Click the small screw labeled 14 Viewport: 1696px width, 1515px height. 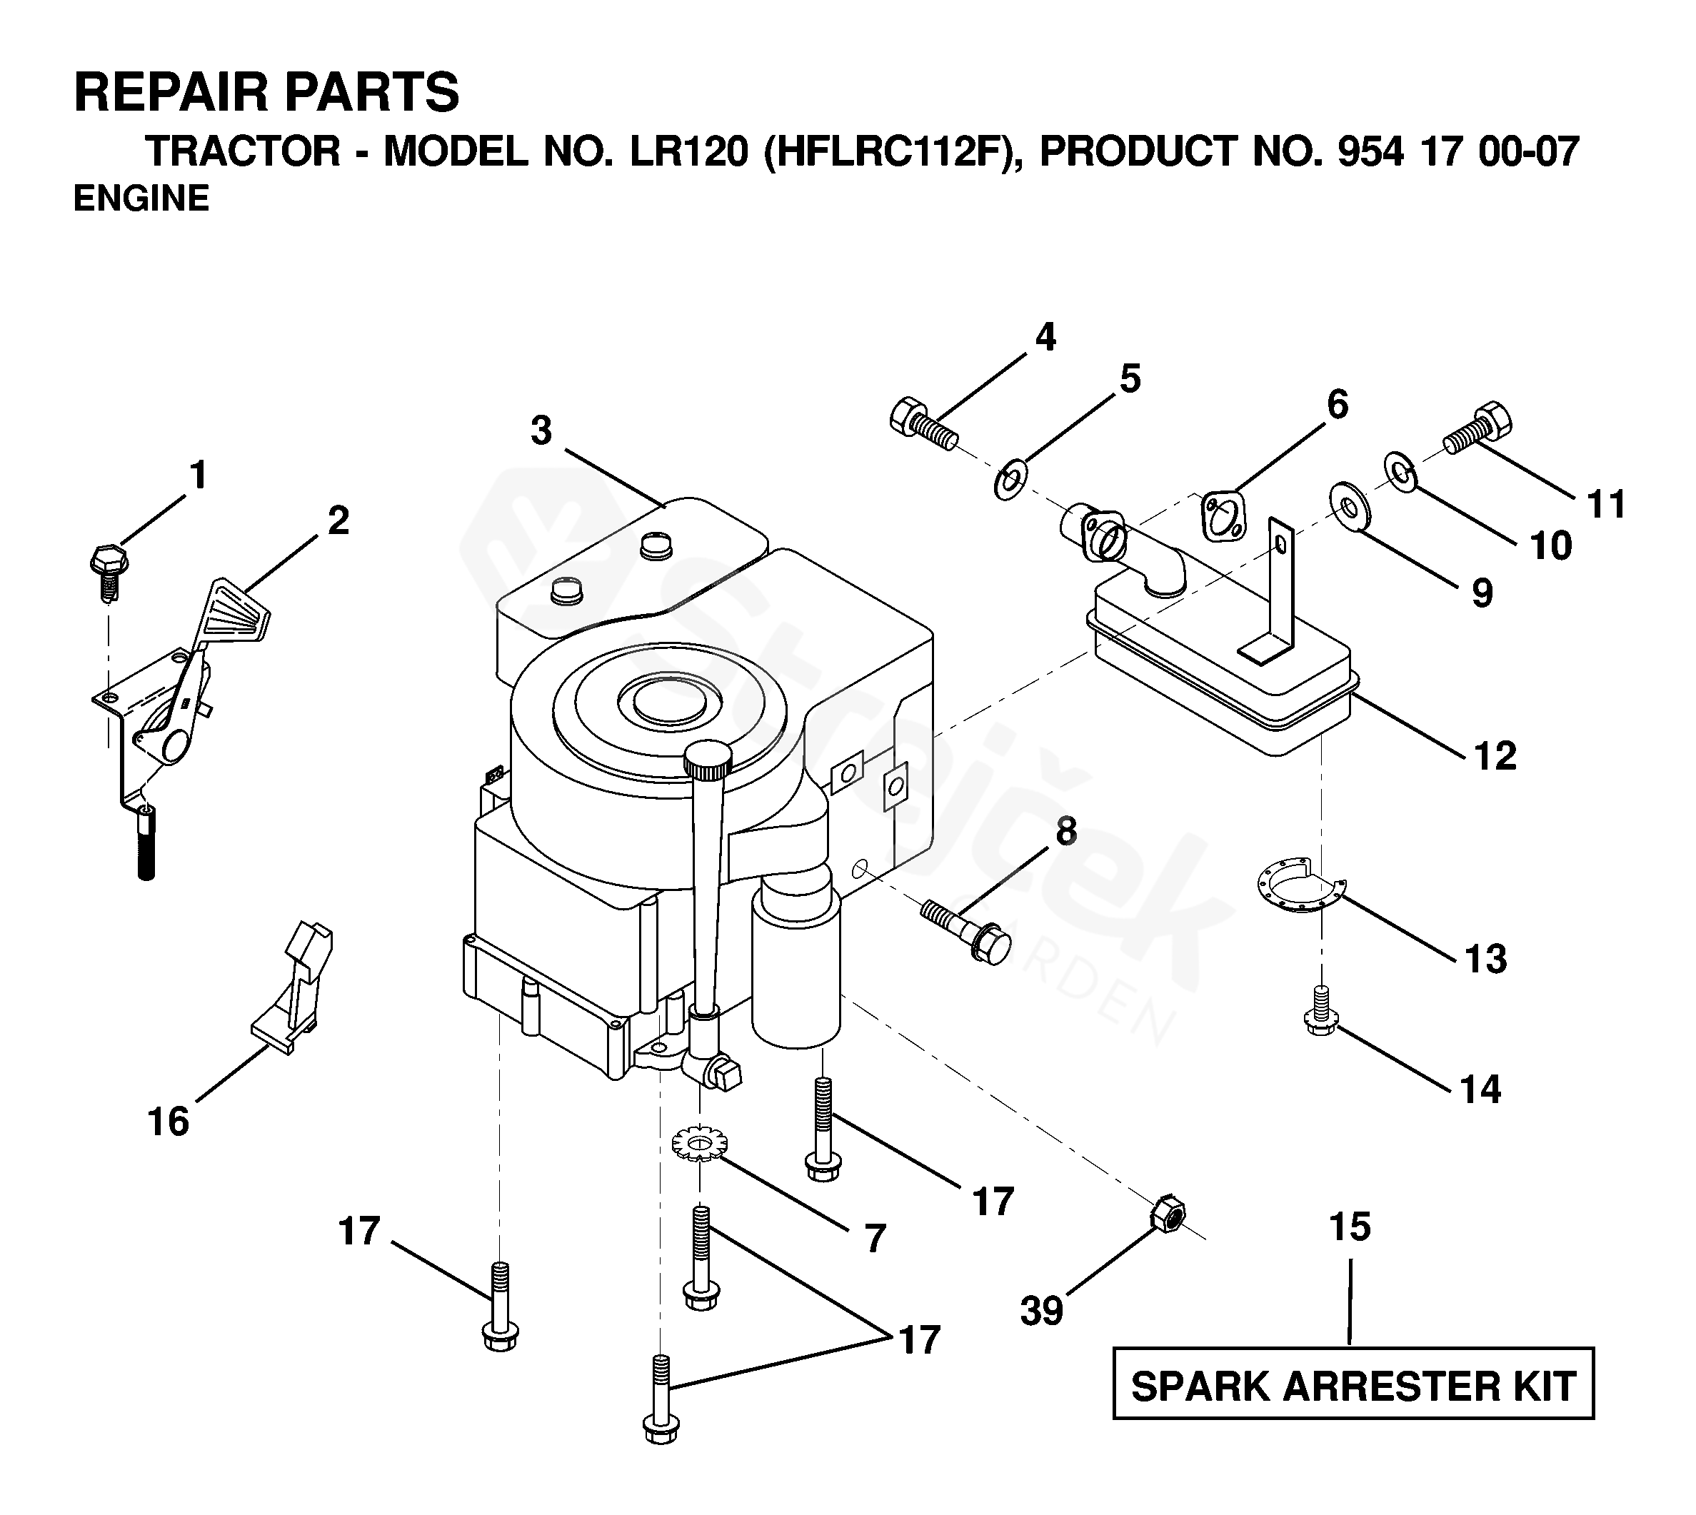click(1319, 1010)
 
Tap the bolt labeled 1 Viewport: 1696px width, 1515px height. click(106, 572)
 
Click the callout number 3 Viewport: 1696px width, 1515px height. click(541, 431)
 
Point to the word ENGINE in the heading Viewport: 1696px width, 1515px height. click(141, 199)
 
